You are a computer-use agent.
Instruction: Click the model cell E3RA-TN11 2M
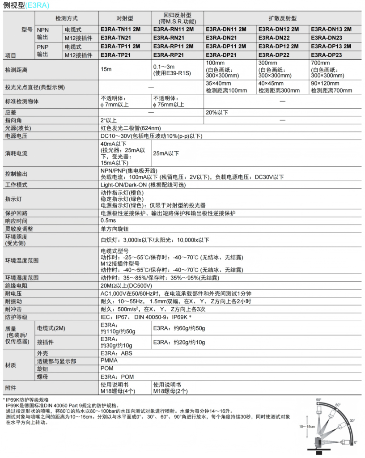point(120,29)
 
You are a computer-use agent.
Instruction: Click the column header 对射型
point(125,18)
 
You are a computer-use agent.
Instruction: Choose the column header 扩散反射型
point(283,18)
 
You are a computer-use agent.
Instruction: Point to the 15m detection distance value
point(106,70)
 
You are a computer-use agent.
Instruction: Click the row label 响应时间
point(17,221)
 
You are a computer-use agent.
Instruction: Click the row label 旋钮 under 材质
point(42,369)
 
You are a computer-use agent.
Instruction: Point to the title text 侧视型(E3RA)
point(26,5)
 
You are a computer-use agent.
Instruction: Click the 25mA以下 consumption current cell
point(166,153)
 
